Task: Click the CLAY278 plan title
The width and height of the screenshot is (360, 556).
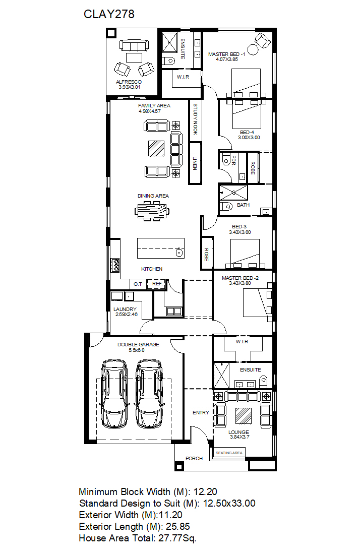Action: click(x=109, y=14)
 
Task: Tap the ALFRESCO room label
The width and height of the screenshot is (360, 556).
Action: click(x=129, y=82)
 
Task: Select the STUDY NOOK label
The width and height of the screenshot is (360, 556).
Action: click(x=195, y=119)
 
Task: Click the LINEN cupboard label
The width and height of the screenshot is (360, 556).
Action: click(x=195, y=163)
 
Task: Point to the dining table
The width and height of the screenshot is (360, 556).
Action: click(x=152, y=211)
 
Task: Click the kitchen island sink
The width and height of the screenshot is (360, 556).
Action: click(x=179, y=253)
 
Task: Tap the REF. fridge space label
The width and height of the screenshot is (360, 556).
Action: click(x=157, y=284)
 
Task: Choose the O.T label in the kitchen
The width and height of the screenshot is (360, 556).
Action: click(x=138, y=284)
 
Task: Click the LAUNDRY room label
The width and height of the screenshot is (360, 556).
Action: click(x=125, y=309)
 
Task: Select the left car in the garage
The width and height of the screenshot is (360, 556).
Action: click(x=114, y=394)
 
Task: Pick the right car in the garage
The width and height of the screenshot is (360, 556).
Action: click(x=149, y=394)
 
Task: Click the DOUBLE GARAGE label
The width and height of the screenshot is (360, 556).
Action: click(x=138, y=344)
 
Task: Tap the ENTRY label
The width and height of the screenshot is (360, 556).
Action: click(x=201, y=412)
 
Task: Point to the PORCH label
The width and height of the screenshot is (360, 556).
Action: click(x=194, y=459)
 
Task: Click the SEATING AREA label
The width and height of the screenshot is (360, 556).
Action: click(x=229, y=453)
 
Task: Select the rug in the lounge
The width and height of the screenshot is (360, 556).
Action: click(x=244, y=415)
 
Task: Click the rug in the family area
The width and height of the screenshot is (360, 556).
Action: click(x=156, y=149)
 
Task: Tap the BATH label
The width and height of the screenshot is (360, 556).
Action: click(x=244, y=205)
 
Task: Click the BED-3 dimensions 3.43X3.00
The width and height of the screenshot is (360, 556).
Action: click(x=240, y=232)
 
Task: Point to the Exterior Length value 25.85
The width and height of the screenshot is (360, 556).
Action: click(x=178, y=527)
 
